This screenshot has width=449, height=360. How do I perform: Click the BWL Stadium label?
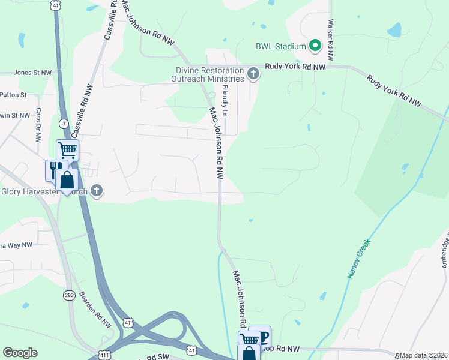pos(281,46)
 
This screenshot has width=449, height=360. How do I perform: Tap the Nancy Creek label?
pos(359,259)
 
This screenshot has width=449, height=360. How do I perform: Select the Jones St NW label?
pos(33,73)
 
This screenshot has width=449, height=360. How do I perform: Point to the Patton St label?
pos(14,95)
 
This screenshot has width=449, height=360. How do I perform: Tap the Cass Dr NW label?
pos(38,125)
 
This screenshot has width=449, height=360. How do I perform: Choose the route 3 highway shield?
pos(62,123)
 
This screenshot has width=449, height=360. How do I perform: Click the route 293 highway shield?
pos(69,296)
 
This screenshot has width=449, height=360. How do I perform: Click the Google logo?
pos(20,353)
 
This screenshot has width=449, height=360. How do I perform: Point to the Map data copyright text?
pos(423,355)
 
